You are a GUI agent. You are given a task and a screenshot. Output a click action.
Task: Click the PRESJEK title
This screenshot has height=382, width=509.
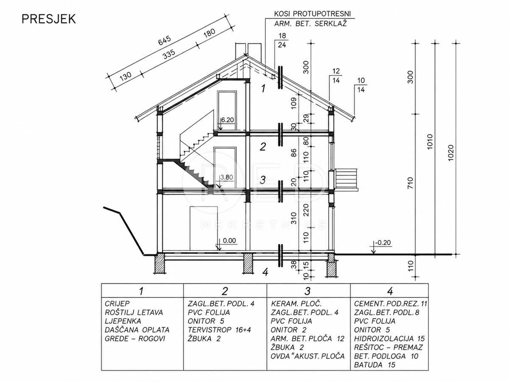coord(49,19)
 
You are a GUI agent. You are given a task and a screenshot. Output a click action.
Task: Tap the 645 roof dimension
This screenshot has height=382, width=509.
coord(165,40)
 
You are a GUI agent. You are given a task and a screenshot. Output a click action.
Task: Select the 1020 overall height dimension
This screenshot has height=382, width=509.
coord(450,153)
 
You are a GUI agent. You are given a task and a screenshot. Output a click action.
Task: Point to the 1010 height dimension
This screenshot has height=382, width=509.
coord(430,142)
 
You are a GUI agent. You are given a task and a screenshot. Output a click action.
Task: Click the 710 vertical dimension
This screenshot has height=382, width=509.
coord(410,183)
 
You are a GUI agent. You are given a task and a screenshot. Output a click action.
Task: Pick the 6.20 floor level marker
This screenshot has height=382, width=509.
coord(227,120)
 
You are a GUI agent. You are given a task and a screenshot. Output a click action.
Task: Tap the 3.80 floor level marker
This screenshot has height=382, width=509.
coord(227,177)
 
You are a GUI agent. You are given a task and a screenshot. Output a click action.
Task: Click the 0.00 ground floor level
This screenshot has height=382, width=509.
coord(229,240)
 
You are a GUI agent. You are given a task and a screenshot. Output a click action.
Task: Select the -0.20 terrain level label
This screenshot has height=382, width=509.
coord(383,243)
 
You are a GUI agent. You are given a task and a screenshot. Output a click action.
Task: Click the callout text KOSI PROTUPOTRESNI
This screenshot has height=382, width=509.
coord(312,14)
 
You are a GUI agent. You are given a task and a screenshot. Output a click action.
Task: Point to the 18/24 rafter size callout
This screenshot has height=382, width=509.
coord(282,40)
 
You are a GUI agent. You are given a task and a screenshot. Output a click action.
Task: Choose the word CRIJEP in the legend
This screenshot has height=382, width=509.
coord(117,303)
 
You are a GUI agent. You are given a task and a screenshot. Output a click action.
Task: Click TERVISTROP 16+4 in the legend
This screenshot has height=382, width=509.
coord(219,330)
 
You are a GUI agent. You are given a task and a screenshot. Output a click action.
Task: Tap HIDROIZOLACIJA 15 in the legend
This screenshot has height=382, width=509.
coord(389,339)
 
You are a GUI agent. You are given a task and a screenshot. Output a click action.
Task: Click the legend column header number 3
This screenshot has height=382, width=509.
coord(308,291)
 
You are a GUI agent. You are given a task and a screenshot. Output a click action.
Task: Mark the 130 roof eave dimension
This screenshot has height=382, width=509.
coord(126,76)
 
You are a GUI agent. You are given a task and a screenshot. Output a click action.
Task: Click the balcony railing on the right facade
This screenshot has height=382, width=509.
coord(346,179)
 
